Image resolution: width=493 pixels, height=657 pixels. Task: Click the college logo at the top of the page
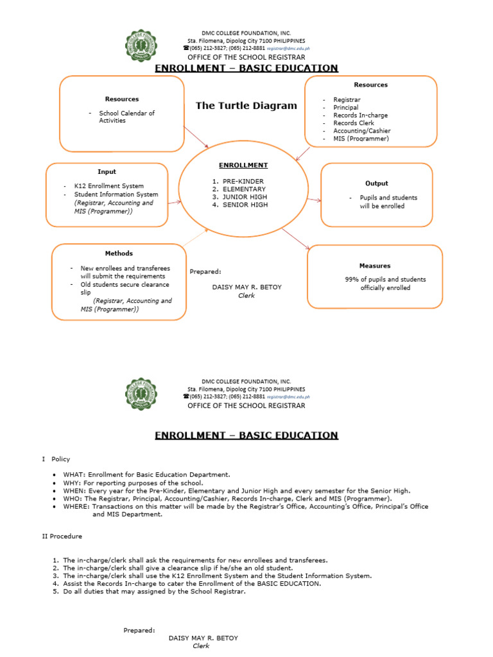[x=141, y=46]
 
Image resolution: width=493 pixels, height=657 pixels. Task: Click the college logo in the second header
[x=141, y=393]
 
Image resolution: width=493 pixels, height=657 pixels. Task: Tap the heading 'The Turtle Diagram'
[x=246, y=106]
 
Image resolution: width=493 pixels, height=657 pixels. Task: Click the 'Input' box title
[x=107, y=172]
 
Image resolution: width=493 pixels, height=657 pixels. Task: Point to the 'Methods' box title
[x=119, y=253]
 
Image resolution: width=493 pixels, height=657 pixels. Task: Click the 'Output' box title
[x=377, y=183]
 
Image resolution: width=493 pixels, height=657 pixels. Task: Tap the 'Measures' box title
[x=375, y=266]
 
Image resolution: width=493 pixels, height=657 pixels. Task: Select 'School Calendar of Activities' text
[x=126, y=117]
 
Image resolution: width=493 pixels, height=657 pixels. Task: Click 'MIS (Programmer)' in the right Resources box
[x=361, y=139]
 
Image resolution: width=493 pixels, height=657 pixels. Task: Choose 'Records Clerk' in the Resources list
[x=354, y=123]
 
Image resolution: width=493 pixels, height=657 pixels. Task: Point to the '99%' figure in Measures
[x=352, y=280]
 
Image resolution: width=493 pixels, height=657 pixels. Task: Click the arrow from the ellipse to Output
[x=314, y=200]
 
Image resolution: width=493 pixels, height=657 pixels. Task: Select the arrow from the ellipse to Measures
[x=296, y=239]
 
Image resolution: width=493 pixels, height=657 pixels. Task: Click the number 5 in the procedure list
[x=56, y=592]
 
